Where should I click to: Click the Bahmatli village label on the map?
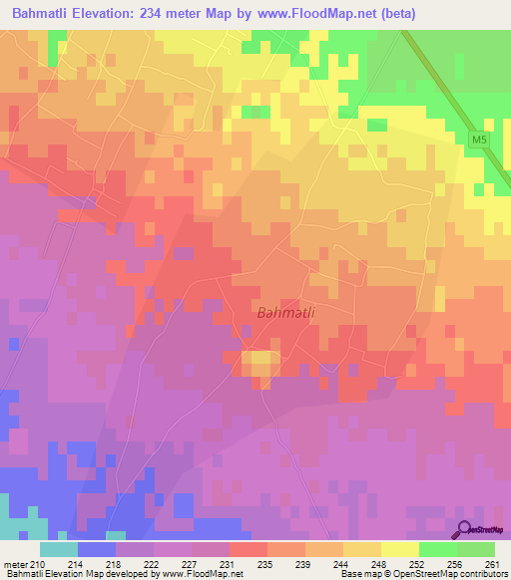[x=286, y=313]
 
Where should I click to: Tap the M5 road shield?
[x=479, y=142]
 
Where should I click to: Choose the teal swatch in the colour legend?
[x=59, y=549]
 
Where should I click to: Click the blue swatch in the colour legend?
[x=97, y=549]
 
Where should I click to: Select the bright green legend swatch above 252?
[x=438, y=549]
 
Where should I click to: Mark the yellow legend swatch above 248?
[x=400, y=549]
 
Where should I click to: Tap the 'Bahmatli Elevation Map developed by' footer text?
[x=62, y=575]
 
